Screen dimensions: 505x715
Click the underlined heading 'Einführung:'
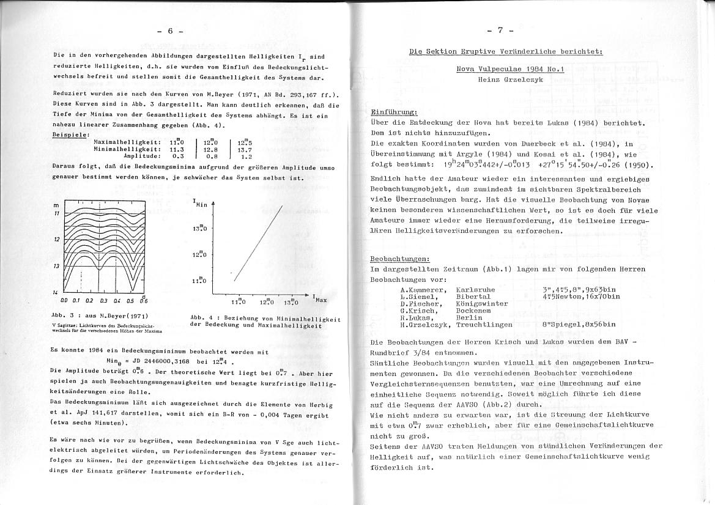(x=394, y=113)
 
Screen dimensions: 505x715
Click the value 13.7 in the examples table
(x=245, y=149)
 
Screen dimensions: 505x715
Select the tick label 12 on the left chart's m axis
(x=56, y=239)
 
